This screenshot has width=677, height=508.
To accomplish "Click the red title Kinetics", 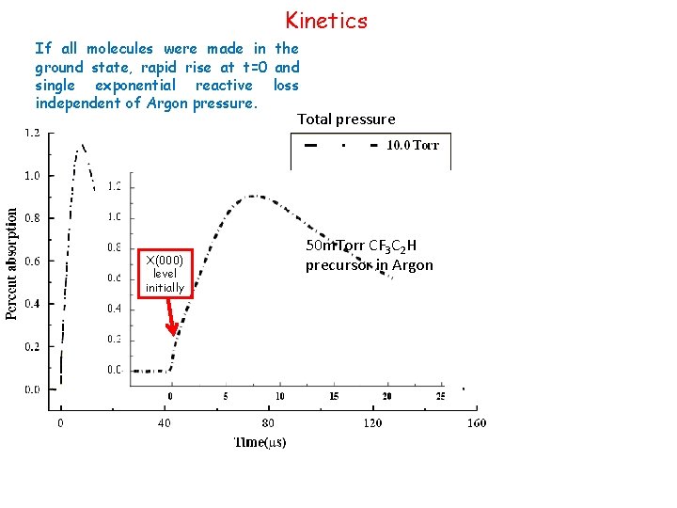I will click(x=326, y=20).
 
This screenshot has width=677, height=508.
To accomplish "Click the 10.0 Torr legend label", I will click(x=413, y=145).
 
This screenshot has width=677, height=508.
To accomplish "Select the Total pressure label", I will click(x=346, y=119).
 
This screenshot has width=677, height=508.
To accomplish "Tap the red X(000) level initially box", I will click(x=165, y=273).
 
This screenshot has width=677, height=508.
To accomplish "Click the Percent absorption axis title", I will click(x=13, y=263).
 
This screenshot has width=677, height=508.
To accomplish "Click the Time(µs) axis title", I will click(x=260, y=441).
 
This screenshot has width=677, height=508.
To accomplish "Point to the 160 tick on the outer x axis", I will click(x=476, y=423).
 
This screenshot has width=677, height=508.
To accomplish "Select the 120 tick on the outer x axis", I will click(x=373, y=423).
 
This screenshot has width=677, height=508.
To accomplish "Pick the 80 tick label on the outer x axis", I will click(x=268, y=423).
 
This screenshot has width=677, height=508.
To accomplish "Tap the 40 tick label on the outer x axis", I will click(x=165, y=423).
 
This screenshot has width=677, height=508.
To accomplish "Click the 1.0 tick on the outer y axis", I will click(x=32, y=175).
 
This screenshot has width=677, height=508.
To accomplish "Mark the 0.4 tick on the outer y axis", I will click(x=32, y=304).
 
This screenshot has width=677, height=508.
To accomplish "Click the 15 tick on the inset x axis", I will click(x=334, y=396).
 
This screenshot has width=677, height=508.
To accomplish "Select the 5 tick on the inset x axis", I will click(x=226, y=396).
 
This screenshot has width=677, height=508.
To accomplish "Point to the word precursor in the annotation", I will click(x=338, y=265).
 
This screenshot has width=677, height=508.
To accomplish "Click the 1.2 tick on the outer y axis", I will click(x=32, y=133).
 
